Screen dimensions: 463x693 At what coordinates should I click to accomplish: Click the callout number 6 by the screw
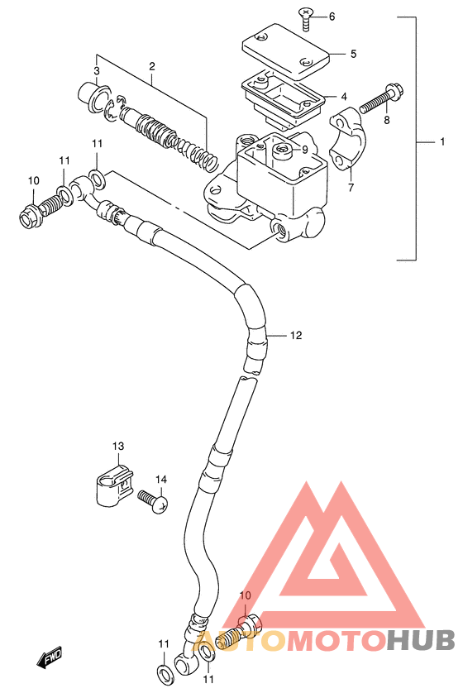[x=332, y=17]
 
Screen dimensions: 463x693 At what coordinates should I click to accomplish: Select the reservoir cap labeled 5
[x=286, y=52]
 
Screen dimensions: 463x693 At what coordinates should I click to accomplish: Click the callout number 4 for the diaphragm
[x=344, y=97]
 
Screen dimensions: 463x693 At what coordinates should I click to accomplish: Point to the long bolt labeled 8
[x=382, y=99]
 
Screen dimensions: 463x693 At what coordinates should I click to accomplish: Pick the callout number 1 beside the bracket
[x=442, y=141]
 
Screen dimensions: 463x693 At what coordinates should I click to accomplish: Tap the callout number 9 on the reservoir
[x=305, y=150]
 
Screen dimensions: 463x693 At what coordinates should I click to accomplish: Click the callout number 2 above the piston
[x=151, y=67]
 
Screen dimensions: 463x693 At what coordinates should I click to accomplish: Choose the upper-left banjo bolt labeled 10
[x=41, y=208]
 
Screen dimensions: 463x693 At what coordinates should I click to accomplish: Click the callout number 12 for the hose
[x=295, y=336]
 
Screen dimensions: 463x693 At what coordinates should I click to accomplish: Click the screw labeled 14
[x=153, y=501]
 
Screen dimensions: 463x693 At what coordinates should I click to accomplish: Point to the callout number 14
[x=161, y=480]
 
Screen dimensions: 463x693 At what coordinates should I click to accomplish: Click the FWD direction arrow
[x=49, y=657]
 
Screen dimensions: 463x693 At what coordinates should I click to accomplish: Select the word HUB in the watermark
[x=420, y=640]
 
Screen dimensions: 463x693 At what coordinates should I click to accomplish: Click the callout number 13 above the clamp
[x=118, y=447]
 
